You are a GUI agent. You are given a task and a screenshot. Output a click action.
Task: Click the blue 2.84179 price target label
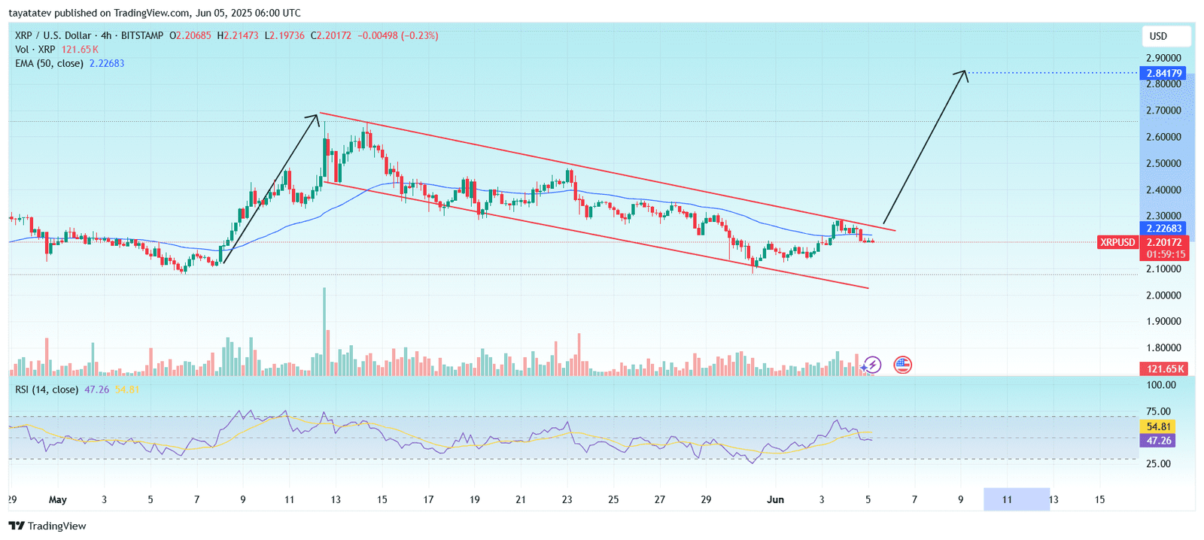coord(1164,73)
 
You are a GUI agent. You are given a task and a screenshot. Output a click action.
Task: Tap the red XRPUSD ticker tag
coord(1117,242)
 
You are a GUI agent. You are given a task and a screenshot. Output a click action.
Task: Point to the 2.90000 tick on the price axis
coord(1163,58)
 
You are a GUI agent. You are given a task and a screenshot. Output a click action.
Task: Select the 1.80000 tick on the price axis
coord(1163,347)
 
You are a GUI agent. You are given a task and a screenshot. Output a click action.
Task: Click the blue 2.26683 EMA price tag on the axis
coord(1164,229)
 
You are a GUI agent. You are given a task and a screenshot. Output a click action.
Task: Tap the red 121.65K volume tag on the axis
coord(1164,369)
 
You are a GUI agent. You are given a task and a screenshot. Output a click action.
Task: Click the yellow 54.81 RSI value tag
coord(1159,426)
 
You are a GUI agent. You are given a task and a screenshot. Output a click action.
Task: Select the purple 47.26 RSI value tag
coord(1159,441)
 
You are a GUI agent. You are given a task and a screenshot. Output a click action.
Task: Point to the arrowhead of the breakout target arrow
coord(964,72)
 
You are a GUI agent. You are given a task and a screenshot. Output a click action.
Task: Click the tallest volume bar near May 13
coord(325,331)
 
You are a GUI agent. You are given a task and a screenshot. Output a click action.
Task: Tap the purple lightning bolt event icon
coord(871,366)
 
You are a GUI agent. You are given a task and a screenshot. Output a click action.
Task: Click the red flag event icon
coord(902,366)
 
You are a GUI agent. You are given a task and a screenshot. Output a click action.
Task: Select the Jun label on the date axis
coord(775,499)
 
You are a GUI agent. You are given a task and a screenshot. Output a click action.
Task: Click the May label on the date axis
coord(57,499)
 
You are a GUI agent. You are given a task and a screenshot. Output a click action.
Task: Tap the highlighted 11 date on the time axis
coord(1007,499)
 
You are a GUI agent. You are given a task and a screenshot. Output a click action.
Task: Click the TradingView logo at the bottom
coord(47,526)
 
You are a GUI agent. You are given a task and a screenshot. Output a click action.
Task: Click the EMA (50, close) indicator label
coord(49,63)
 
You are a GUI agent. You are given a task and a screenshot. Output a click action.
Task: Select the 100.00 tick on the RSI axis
coord(1160,385)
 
